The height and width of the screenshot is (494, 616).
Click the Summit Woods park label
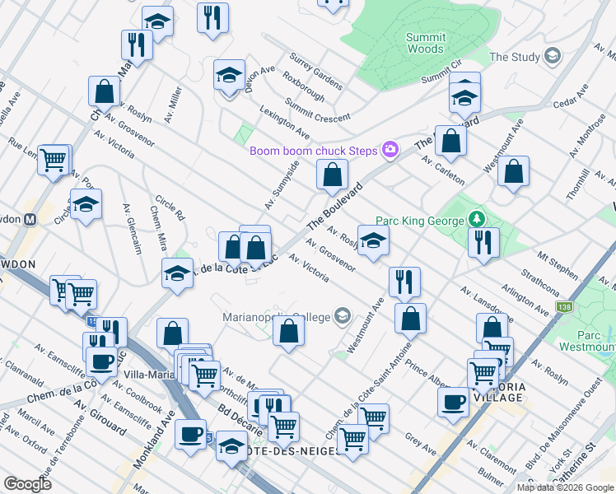pos(426,43)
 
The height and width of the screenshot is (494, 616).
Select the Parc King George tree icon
pos(475,220)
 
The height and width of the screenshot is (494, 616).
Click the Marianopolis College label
pos(276,317)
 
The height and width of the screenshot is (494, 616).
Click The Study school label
pos(515,57)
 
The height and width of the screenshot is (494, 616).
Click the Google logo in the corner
pos(27,484)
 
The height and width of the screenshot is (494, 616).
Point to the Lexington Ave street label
pos(284,121)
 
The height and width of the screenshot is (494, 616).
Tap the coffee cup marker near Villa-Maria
pos(102,361)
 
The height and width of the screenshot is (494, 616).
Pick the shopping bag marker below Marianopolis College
pos(289,331)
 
